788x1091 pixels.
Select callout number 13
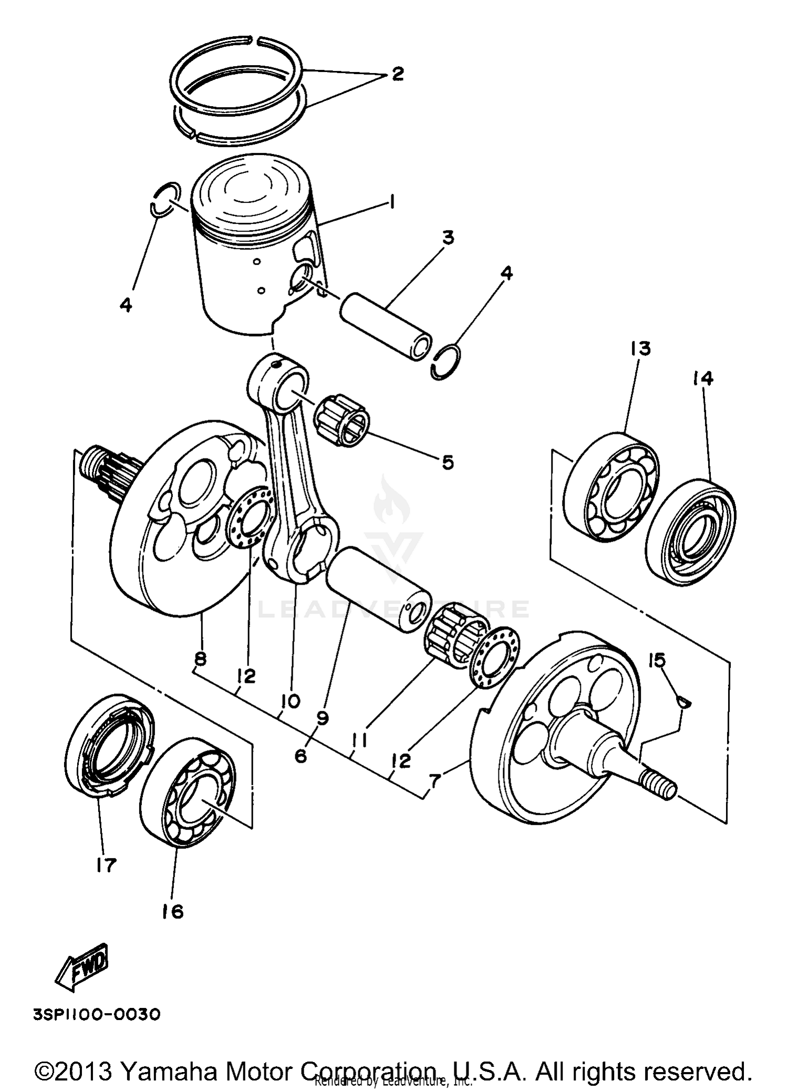[x=640, y=349]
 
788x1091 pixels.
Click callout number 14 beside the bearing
[x=703, y=378]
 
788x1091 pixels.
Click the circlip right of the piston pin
[x=447, y=362]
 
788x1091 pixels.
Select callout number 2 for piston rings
[x=397, y=74]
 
